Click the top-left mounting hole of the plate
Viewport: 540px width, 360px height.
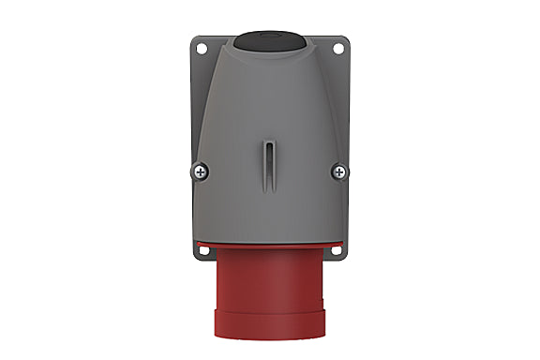pos(199,45)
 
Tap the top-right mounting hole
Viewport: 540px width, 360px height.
pos(339,45)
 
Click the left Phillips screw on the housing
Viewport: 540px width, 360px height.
pos(202,171)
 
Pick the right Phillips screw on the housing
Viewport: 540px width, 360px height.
pos(338,171)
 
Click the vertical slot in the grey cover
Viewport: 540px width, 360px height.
pos(270,164)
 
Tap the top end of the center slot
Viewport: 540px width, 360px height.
pos(270,141)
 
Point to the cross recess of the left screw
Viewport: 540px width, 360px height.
pos(202,171)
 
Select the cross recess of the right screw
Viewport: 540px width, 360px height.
pos(338,171)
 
